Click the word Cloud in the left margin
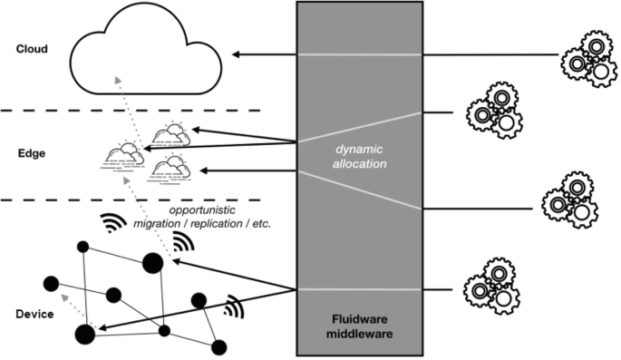pos(32,49)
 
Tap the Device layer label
pos(34,314)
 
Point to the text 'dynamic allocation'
pos(359,155)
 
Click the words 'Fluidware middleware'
pos(360,327)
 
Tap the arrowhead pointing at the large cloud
pos(237,55)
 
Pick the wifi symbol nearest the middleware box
pos(235,307)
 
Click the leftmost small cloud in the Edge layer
pos(123,154)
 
